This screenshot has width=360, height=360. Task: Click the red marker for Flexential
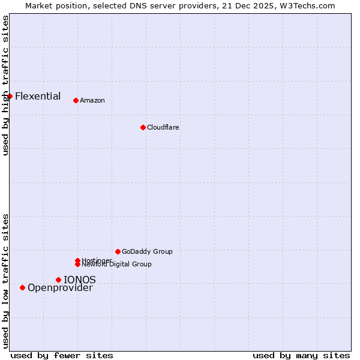10,96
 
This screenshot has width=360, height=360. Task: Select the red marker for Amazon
76,100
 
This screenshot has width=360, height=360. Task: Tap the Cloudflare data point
143,127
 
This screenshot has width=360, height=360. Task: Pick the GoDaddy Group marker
118,251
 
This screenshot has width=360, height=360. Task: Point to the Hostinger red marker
77,260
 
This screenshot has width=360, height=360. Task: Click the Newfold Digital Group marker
77,264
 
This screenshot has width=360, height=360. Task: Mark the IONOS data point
58,280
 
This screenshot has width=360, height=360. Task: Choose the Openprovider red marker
22,287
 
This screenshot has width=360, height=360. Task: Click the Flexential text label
38,96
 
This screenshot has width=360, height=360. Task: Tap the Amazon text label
92,100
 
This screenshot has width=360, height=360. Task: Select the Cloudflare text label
163,127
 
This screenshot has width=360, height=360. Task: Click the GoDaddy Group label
147,251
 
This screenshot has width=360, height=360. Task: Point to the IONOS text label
80,280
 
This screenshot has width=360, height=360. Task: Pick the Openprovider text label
60,287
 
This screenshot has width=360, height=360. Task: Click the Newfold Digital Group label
117,265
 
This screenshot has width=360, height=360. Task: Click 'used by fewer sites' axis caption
62,355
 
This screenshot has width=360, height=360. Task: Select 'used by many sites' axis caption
301,355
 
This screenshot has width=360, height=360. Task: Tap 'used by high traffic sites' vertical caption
5,85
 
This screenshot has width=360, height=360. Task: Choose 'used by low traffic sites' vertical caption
5,281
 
